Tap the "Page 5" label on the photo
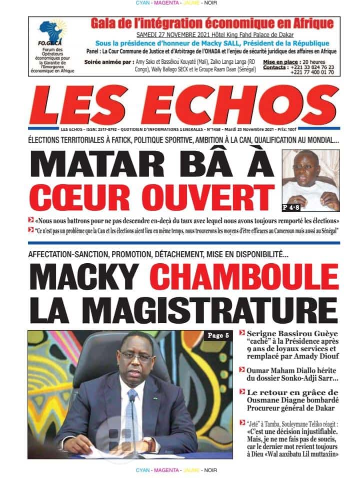[x=217, y=336]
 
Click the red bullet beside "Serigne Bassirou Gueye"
[x=241, y=333]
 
